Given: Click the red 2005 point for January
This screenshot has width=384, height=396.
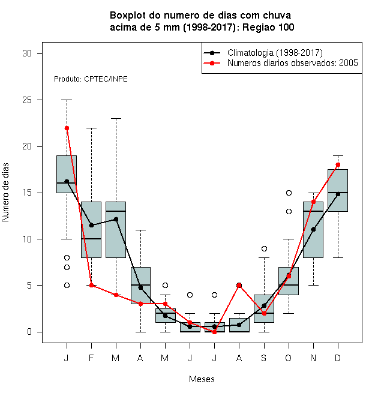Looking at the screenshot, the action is click(x=67, y=128).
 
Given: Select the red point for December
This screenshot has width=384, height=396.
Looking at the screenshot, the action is click(x=338, y=164).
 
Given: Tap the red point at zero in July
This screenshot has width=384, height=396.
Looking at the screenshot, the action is click(x=214, y=332).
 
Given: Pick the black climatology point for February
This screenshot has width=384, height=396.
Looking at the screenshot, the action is click(x=91, y=225).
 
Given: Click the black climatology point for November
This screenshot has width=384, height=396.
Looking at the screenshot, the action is click(x=314, y=229).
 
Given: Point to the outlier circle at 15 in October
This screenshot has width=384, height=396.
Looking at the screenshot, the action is click(x=289, y=193).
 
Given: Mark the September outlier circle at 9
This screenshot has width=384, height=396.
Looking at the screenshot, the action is click(x=264, y=249).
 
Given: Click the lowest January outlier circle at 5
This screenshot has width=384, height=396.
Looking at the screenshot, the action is click(x=67, y=286).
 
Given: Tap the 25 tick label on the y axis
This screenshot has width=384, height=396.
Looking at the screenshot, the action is click(x=27, y=100).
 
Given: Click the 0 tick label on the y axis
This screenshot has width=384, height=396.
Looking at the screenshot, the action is click(x=29, y=332).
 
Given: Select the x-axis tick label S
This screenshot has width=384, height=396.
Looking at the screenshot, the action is click(x=264, y=358).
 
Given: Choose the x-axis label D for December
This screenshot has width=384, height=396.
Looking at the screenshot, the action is click(x=338, y=358).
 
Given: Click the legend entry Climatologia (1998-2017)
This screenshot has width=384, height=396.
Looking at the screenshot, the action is click(x=275, y=53).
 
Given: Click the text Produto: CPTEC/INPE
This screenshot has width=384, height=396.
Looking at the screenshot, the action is click(x=91, y=79).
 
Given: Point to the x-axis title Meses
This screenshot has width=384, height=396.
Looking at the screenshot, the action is click(x=202, y=379).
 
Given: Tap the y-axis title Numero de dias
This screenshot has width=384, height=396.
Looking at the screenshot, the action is click(x=5, y=193).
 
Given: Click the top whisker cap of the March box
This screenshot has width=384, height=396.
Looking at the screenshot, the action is click(x=116, y=118).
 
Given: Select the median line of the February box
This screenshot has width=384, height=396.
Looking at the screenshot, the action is click(x=91, y=239).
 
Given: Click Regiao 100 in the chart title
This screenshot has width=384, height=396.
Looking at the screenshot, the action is click(x=268, y=27).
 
